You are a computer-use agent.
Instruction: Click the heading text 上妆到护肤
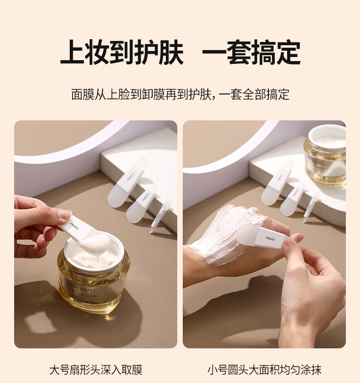(x=122, y=53)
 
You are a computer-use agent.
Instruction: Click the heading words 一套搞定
(x=251, y=53)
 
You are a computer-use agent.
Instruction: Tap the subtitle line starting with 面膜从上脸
(x=180, y=94)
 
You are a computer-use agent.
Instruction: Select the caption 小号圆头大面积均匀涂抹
(x=264, y=369)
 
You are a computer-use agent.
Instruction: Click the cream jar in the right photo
(x=326, y=155)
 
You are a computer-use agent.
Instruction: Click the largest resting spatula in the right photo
(x=277, y=183)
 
